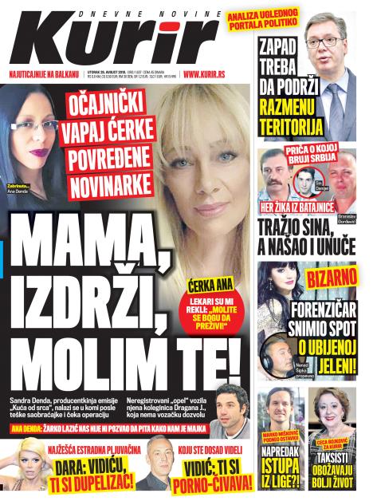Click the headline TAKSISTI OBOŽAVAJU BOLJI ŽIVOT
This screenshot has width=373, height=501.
(336, 471)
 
